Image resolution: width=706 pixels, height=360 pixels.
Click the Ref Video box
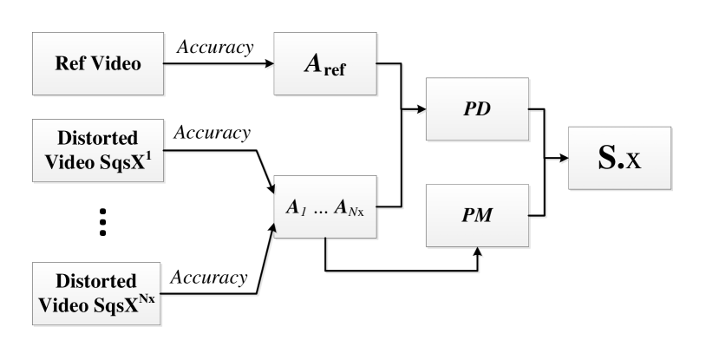pyautogui.click(x=97, y=64)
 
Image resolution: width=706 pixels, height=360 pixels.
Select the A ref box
pyautogui.click(x=325, y=64)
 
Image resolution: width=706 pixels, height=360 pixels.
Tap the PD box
pyautogui.click(x=478, y=110)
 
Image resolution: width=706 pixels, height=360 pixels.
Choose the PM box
pyautogui.click(x=478, y=214)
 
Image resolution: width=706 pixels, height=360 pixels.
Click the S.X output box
pyautogui.click(x=619, y=158)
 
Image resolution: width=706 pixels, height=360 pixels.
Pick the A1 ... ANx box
pyautogui.click(x=325, y=209)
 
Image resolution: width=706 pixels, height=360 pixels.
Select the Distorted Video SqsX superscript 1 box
pyautogui.click(x=97, y=151)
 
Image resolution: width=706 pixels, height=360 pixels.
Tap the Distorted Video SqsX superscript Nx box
pyautogui.click(x=97, y=293)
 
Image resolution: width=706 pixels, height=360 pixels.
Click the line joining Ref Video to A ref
pyautogui.click(x=217, y=65)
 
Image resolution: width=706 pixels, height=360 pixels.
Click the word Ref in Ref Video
pyautogui.click(x=69, y=64)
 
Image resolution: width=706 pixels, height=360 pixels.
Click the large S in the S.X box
pyautogui.click(x=607, y=158)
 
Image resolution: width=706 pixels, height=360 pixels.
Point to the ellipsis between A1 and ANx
pyautogui.click(x=322, y=211)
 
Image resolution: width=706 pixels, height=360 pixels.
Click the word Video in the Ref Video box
pyautogui.click(x=116, y=64)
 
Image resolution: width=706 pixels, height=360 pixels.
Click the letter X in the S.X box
pyautogui.click(x=634, y=160)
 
